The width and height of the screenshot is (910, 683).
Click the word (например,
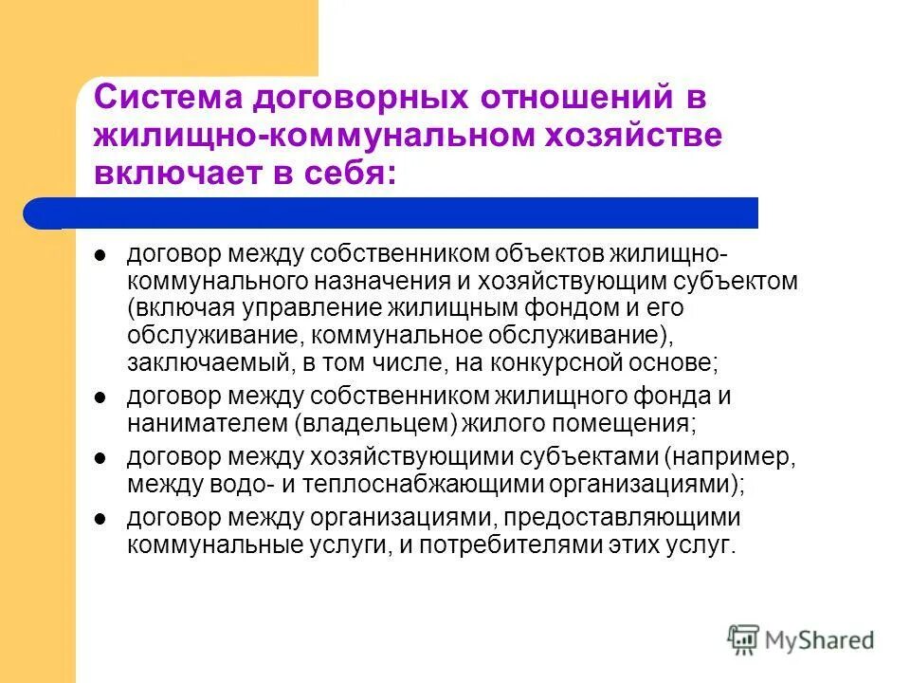(731, 457)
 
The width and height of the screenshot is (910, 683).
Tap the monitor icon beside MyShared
(744, 638)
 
